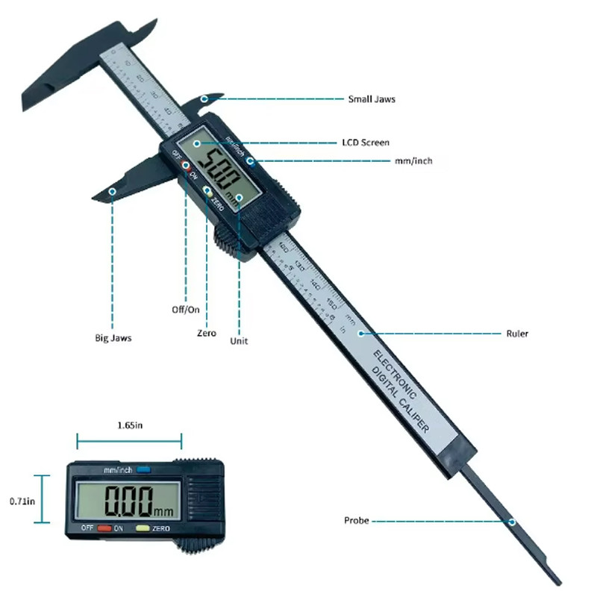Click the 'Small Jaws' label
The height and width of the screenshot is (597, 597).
click(x=372, y=99)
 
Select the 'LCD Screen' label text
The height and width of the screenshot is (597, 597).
click(x=365, y=143)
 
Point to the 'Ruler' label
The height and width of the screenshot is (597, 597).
click(x=516, y=334)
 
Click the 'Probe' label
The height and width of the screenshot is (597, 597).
click(x=356, y=520)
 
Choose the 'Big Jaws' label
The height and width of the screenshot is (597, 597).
click(x=113, y=338)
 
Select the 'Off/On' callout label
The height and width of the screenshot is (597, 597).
click(x=185, y=308)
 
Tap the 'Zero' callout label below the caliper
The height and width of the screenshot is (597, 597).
click(x=207, y=333)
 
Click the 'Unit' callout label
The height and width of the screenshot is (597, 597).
click(x=240, y=341)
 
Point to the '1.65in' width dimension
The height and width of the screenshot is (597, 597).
click(x=129, y=425)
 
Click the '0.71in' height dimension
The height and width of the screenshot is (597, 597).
click(x=19, y=501)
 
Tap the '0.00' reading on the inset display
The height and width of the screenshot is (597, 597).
click(x=128, y=501)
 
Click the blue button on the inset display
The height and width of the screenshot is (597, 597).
click(x=143, y=470)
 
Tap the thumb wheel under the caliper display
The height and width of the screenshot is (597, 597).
click(x=223, y=240)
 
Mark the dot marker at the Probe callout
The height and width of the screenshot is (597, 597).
click(x=513, y=520)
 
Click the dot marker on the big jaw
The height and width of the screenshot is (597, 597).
click(x=113, y=192)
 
